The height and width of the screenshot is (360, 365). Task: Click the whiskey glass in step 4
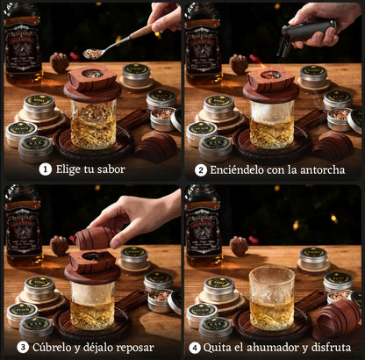pyautogui.click(x=272, y=299)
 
